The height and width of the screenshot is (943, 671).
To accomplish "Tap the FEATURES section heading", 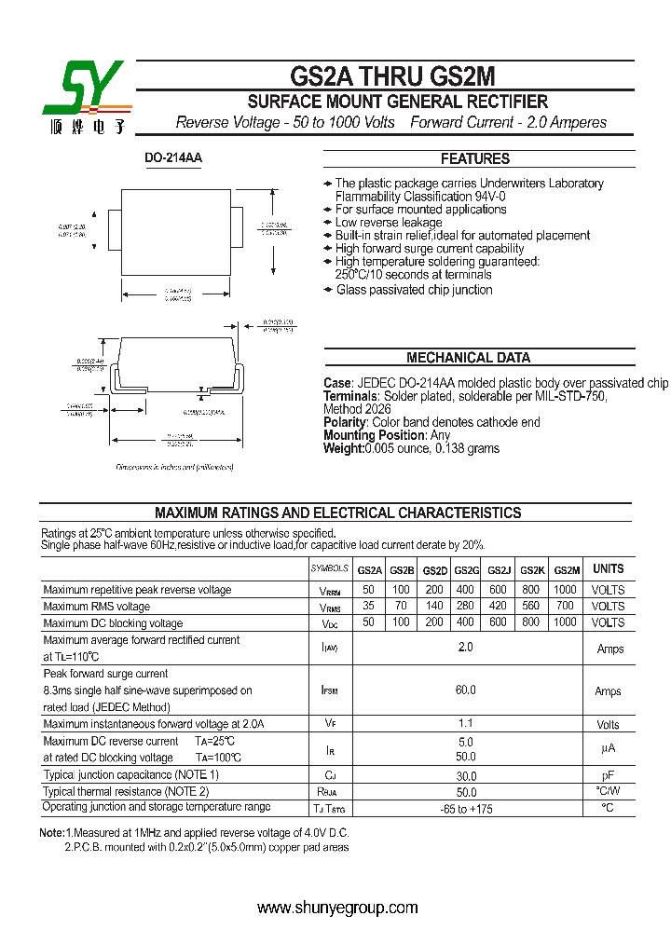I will point(474,158).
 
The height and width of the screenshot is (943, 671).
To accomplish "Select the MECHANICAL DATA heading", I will point(468,358).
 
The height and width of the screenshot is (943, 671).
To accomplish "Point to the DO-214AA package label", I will point(173,158).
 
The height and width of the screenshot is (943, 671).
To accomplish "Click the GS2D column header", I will point(435,570).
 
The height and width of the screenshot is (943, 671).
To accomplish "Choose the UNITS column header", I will point(609,568).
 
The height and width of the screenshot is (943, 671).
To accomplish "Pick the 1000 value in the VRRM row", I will point(565,590).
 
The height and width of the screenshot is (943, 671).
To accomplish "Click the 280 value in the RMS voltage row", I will point(466,607).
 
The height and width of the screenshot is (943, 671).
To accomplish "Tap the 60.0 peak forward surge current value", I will point(466,690).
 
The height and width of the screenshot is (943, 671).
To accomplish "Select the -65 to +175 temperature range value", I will point(466,808).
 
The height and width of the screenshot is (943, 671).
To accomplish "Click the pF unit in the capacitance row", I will point(609,775).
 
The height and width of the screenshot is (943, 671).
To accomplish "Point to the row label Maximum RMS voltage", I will point(97,607).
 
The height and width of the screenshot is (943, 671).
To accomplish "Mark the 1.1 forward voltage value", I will point(466,724).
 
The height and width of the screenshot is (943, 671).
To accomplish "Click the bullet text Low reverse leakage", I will point(389,223).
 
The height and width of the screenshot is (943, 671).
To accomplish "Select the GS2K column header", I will point(532,570).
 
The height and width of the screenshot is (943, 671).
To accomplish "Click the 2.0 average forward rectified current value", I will point(466,648).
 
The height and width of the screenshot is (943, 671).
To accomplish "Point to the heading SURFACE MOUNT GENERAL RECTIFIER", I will point(397,102).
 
